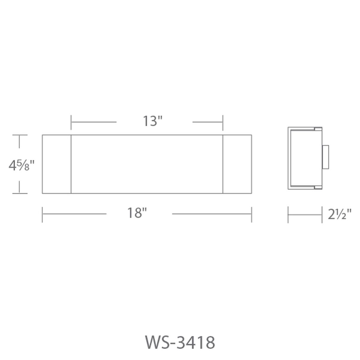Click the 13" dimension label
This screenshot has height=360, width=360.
coord(153,121)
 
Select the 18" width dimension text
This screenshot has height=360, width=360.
coord(137,213)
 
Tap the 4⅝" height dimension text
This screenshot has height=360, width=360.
coord(22,165)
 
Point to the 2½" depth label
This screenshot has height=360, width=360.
coord(340,214)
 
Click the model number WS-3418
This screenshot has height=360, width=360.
coord(180,342)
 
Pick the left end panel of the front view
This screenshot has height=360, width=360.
coord(57,164)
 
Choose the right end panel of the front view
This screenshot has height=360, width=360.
coord(237,164)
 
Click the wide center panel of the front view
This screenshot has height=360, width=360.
coord(147,164)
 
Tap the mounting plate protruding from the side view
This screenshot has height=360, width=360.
coord(325,157)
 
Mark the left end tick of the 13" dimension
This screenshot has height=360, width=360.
coord(71,123)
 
